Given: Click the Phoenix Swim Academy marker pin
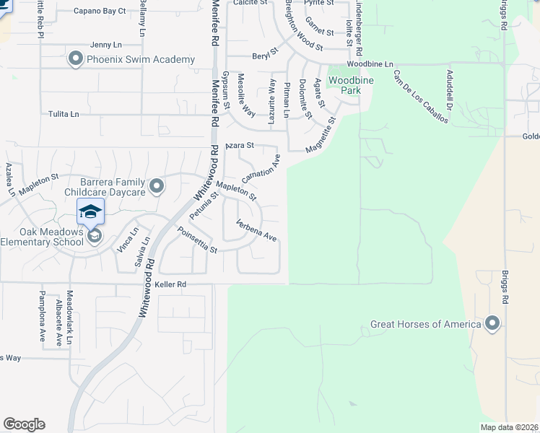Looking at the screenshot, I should [76, 59].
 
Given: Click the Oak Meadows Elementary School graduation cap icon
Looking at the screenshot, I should [92, 211].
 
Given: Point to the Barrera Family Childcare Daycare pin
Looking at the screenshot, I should [156, 188].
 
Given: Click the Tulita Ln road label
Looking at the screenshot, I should [64, 114].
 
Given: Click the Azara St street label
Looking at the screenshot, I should [240, 145].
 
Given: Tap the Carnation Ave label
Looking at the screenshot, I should [260, 168].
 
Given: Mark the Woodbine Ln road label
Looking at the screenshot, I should [373, 64].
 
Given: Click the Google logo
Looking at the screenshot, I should [24, 424].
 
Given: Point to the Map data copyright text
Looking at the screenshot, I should [508, 427].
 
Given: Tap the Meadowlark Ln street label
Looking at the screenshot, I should [69, 318].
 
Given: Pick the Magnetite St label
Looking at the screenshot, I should [321, 136].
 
